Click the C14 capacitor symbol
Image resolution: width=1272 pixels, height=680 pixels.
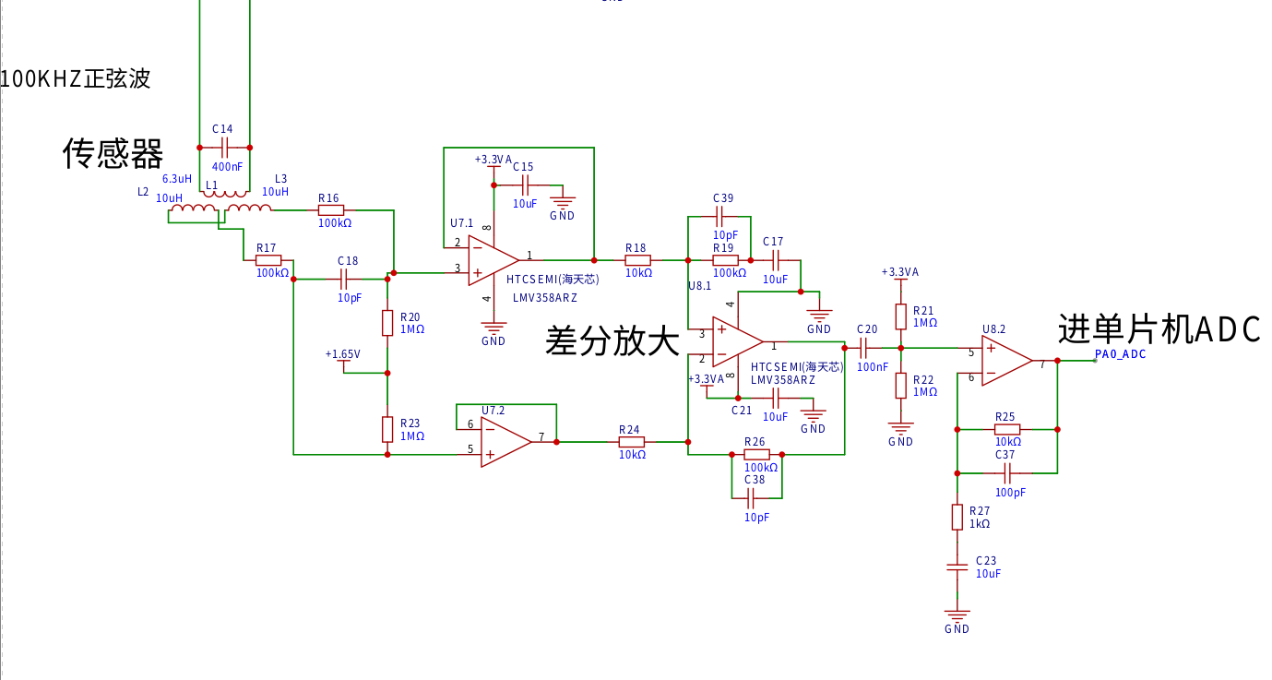point(225,148)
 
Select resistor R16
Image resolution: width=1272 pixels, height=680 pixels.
point(331,210)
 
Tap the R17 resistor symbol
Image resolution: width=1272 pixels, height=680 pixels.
point(268,260)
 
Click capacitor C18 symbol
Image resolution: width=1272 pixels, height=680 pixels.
point(343,279)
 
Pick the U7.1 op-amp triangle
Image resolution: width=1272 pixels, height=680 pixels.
point(493,261)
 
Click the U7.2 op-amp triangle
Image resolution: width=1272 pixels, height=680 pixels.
point(505,442)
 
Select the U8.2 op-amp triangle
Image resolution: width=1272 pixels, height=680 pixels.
point(1007,361)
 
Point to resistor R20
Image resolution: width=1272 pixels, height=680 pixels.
point(387,323)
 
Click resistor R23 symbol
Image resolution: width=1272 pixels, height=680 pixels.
point(387,429)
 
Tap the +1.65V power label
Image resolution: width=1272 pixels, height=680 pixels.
point(342,354)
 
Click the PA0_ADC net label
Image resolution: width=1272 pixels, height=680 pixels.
point(1120,354)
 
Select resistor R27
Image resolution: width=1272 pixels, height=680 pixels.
point(957,517)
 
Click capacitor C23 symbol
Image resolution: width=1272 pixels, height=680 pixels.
point(957,567)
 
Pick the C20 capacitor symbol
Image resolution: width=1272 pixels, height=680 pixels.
point(863,348)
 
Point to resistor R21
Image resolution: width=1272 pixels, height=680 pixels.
point(900,316)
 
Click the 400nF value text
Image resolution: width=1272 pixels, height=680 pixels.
point(227,167)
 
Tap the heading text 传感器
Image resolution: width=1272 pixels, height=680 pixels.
point(113,153)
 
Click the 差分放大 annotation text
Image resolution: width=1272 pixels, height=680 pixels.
point(612,340)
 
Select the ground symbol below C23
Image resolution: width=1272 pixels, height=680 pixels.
point(957,614)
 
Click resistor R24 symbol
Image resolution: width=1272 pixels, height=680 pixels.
point(632,442)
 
